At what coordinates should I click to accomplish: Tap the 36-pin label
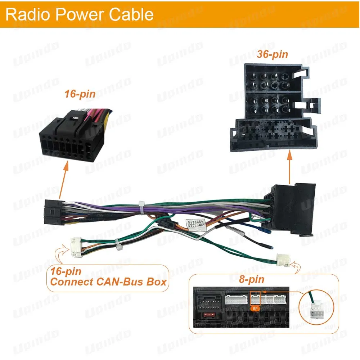tap(273, 54)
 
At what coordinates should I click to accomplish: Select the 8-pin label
tap(251, 279)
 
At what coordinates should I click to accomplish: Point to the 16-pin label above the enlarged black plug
tap(80, 94)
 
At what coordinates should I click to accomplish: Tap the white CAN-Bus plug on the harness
tap(76, 247)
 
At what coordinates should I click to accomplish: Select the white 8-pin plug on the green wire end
tap(283, 260)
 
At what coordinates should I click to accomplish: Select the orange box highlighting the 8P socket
tap(255, 298)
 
